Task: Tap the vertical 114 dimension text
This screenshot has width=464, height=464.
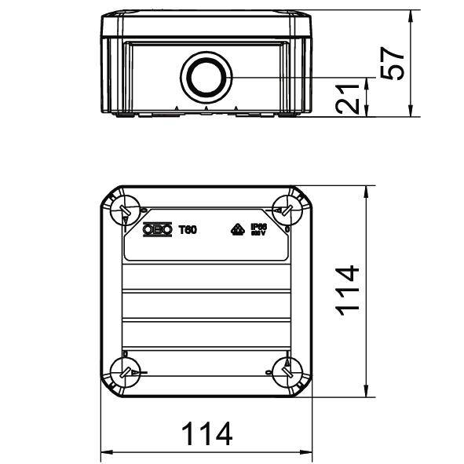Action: (x=348, y=289)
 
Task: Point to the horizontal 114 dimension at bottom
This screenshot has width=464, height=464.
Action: (x=207, y=434)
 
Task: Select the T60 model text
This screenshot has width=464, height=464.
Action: (x=188, y=230)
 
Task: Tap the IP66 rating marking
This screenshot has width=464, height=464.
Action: (x=259, y=229)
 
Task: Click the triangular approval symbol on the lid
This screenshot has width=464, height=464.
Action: (x=235, y=230)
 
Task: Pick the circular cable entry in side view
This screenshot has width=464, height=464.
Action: (x=206, y=77)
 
